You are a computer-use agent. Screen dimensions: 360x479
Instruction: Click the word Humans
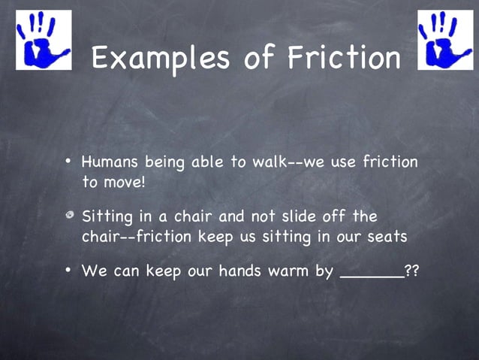point(110,162)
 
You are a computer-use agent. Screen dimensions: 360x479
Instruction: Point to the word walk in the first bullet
point(263,162)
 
